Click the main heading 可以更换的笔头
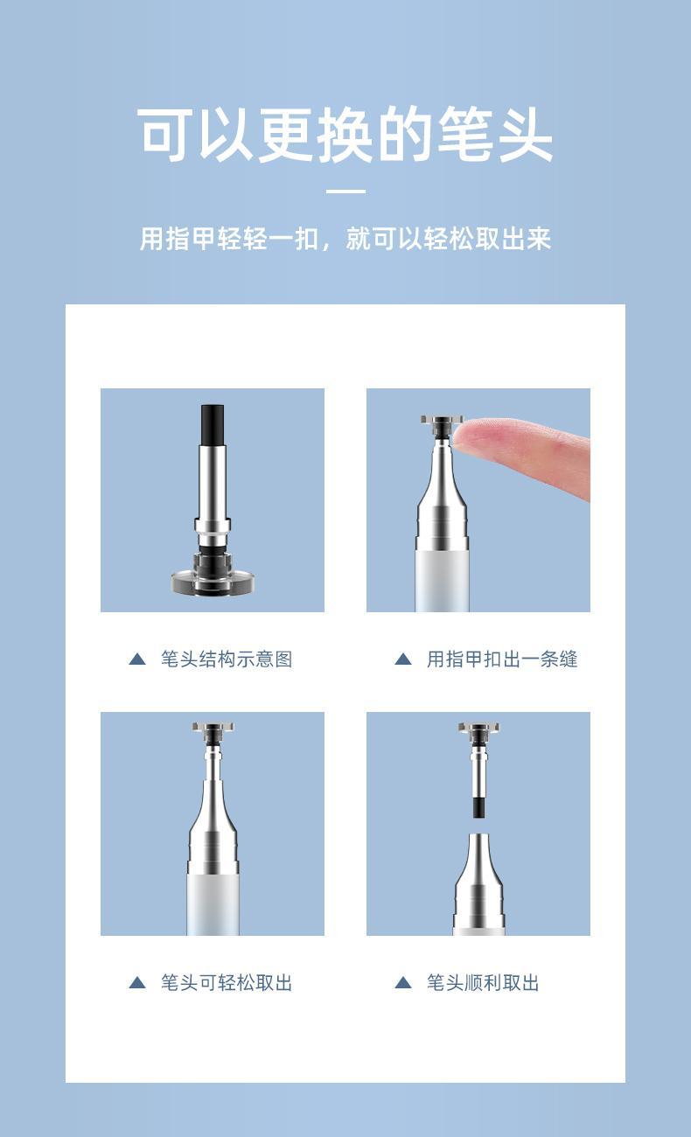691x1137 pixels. (345, 135)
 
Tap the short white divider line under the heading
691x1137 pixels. (345, 192)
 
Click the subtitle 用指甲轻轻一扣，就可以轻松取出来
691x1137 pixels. (345, 238)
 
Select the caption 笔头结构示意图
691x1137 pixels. (227, 659)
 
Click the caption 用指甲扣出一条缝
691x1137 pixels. (501, 659)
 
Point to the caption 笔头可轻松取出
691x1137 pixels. (227, 983)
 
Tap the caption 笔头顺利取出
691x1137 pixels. (482, 983)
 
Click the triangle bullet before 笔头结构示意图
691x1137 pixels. (137, 659)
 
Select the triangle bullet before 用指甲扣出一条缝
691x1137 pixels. (403, 659)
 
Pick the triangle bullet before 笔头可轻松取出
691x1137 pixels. (137, 983)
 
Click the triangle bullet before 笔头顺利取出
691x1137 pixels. (403, 983)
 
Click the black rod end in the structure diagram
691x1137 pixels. (213, 425)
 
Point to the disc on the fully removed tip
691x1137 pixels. (478, 728)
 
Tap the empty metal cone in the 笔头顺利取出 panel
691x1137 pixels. (478, 883)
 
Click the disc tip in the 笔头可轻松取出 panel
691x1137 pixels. (213, 728)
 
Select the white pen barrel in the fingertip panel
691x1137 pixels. (442, 582)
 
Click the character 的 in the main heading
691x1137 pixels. (405, 135)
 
